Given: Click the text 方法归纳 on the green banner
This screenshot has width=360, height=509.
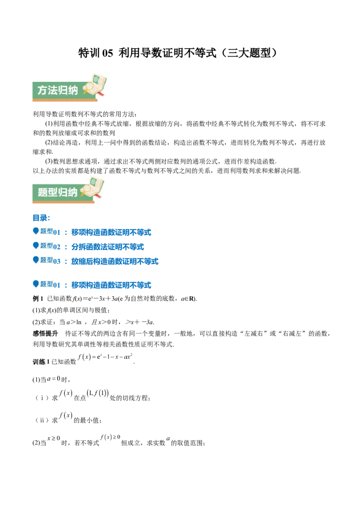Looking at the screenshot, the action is coord(58,90).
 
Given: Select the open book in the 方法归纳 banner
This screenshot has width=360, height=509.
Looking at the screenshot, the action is coord(98,83).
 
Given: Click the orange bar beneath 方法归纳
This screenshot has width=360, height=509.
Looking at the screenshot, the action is coord(63,102).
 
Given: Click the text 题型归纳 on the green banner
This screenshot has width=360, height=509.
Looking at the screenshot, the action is coord(58,192).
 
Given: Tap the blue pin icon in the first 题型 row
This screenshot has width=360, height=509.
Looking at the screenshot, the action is coord(36,231).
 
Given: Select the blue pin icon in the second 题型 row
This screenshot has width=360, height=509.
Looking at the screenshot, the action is coord(36,246).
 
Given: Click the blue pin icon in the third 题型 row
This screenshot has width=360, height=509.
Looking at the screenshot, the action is coord(36,259).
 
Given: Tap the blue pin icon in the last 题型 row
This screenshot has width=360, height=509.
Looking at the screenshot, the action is coord(36,283).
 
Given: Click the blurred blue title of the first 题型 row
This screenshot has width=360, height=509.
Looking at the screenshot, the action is coord(112,233).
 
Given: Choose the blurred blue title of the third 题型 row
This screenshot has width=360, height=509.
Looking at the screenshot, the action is coord(116,261).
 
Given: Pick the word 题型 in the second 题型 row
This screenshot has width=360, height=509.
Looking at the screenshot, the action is coord(47,246).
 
